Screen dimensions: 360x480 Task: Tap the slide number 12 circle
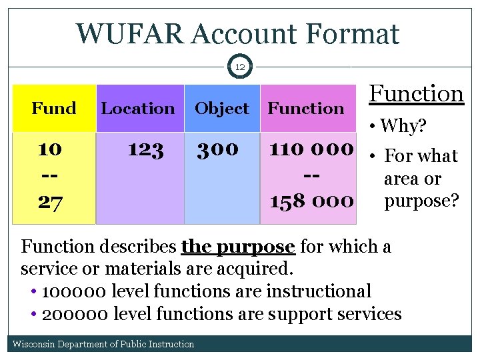pyautogui.click(x=240, y=67)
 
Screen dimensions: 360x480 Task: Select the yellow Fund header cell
pyautogui.click(x=54, y=108)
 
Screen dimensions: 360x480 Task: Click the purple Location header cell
pyautogui.click(x=138, y=108)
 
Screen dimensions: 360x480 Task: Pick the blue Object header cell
pyautogui.click(x=221, y=108)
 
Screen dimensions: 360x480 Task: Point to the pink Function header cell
pyautogui.click(x=306, y=108)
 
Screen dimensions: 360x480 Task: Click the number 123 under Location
pyautogui.click(x=145, y=149)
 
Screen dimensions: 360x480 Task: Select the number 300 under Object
pyautogui.click(x=217, y=149)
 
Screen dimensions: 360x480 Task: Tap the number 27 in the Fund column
pyautogui.click(x=50, y=202)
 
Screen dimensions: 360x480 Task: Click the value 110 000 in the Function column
pyautogui.click(x=310, y=149)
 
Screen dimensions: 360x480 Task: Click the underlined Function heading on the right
pyautogui.click(x=417, y=94)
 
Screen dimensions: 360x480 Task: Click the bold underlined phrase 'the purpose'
pyautogui.click(x=238, y=247)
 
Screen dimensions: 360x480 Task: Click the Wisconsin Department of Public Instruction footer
pyautogui.click(x=104, y=344)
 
